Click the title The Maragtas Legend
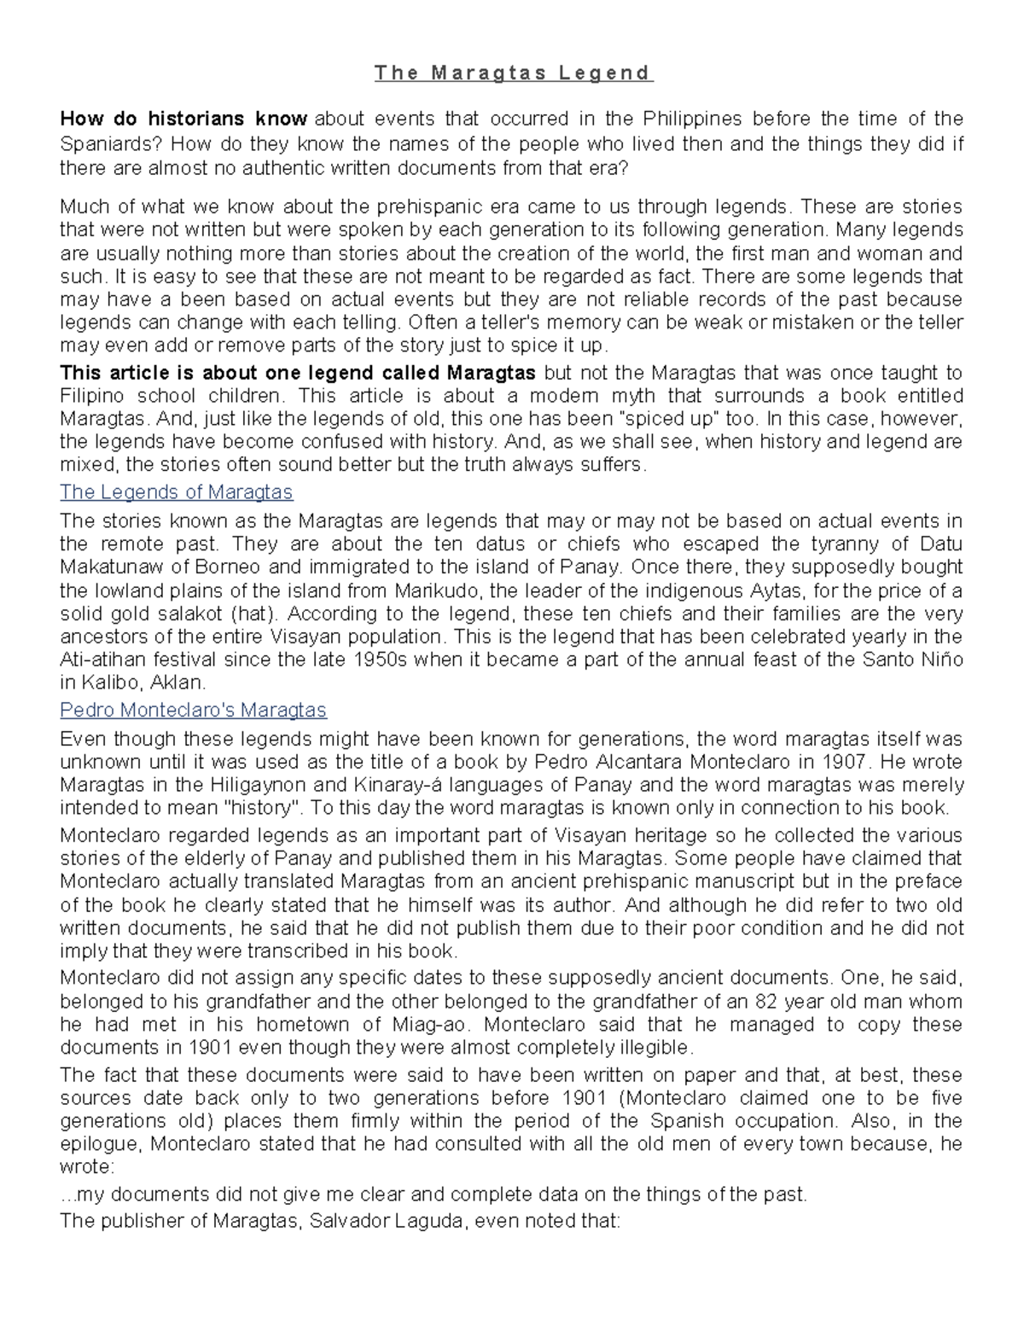point(513,73)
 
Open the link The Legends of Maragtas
point(176,492)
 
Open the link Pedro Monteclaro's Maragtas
point(193,710)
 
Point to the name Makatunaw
point(107,567)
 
